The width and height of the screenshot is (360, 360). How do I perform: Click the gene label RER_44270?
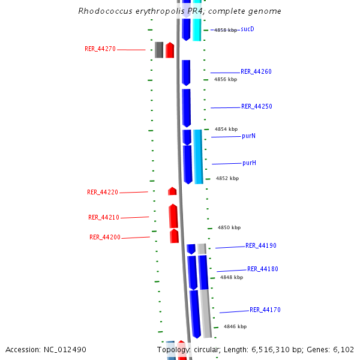pos(100,49)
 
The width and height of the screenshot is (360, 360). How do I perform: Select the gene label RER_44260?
pos(256,72)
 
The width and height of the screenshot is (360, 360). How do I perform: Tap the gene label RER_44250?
pos(257,107)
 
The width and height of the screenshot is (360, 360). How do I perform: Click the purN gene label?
pos(249,136)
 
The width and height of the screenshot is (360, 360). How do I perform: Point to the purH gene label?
pos(250,163)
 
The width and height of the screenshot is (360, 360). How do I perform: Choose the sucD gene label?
pos(247,29)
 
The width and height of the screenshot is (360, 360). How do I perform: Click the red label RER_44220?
pos(103,193)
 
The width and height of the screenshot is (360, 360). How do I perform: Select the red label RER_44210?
pos(104,218)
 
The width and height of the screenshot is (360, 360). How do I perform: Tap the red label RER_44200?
pos(105,238)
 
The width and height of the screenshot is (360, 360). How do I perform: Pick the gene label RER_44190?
pos(261,246)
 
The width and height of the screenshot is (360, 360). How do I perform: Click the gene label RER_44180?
pos(263,269)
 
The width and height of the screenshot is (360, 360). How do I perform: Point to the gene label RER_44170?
pos(265,310)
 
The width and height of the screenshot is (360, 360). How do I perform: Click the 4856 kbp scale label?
pos(226,79)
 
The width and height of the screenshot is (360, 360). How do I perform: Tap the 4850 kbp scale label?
pos(229,228)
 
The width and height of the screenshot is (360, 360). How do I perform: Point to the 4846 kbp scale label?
pos(235,327)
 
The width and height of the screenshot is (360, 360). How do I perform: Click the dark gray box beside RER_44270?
pos(159,50)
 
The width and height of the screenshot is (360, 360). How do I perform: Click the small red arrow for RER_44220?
pos(172,191)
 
